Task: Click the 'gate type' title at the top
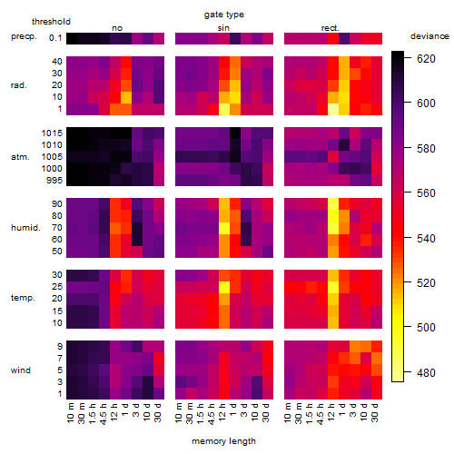point(224,15)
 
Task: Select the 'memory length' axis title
point(223,441)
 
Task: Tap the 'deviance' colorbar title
point(429,36)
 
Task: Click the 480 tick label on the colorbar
point(426,373)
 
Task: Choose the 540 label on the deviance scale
point(426,239)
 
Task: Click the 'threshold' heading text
point(51,22)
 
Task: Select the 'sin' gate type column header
point(223,28)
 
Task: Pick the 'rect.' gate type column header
point(330,28)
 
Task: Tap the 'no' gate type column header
point(117,28)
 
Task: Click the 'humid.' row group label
point(25,228)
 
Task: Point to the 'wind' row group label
point(21,370)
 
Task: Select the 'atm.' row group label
point(20,157)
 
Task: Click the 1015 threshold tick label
point(52,133)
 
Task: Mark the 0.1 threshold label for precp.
point(55,38)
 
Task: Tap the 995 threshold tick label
point(54,181)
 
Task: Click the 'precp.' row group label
point(24,36)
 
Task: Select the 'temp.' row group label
point(23,298)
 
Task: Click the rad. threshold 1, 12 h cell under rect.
point(333,109)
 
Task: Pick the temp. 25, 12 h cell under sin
point(224,287)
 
